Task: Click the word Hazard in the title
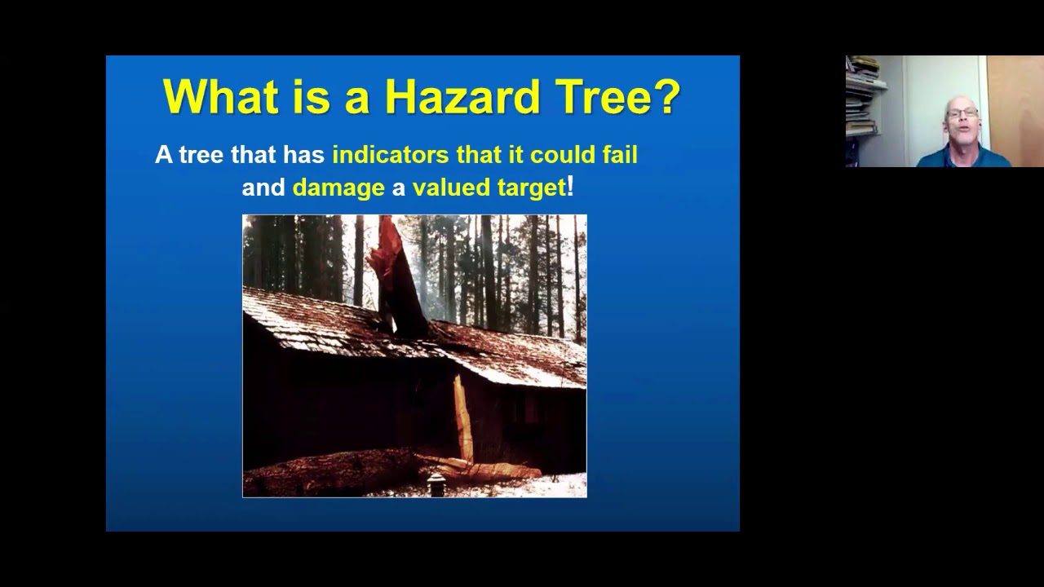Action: (x=462, y=96)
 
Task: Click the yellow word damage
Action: (x=338, y=188)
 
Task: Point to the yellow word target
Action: (x=529, y=188)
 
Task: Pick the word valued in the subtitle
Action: (x=448, y=188)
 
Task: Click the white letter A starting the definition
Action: (x=164, y=155)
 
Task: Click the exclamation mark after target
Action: (x=571, y=187)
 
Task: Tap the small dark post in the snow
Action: (x=436, y=484)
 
